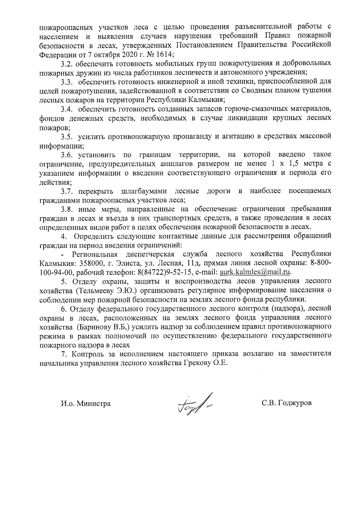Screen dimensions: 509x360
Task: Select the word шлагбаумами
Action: tap(145, 191)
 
